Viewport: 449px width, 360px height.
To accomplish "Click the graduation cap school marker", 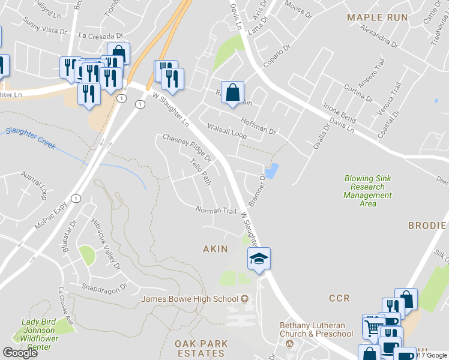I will [259, 259].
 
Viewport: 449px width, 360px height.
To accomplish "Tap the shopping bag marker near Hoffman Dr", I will [232, 93].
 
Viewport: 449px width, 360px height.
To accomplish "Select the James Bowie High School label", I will [190, 299].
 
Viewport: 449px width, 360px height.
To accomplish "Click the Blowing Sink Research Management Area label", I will [367, 191].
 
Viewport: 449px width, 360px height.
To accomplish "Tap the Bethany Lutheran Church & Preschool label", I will [316, 330].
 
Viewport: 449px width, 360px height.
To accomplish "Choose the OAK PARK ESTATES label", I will [201, 348].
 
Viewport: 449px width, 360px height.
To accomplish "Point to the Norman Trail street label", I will [217, 210].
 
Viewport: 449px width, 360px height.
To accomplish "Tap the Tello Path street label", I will [200, 172].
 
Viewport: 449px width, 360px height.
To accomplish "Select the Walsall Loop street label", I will [227, 131].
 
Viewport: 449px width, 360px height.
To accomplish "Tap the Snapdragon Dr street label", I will [105, 287].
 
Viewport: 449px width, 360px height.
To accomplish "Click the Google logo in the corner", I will [20, 353].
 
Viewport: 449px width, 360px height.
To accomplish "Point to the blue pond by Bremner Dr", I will [273, 171].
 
